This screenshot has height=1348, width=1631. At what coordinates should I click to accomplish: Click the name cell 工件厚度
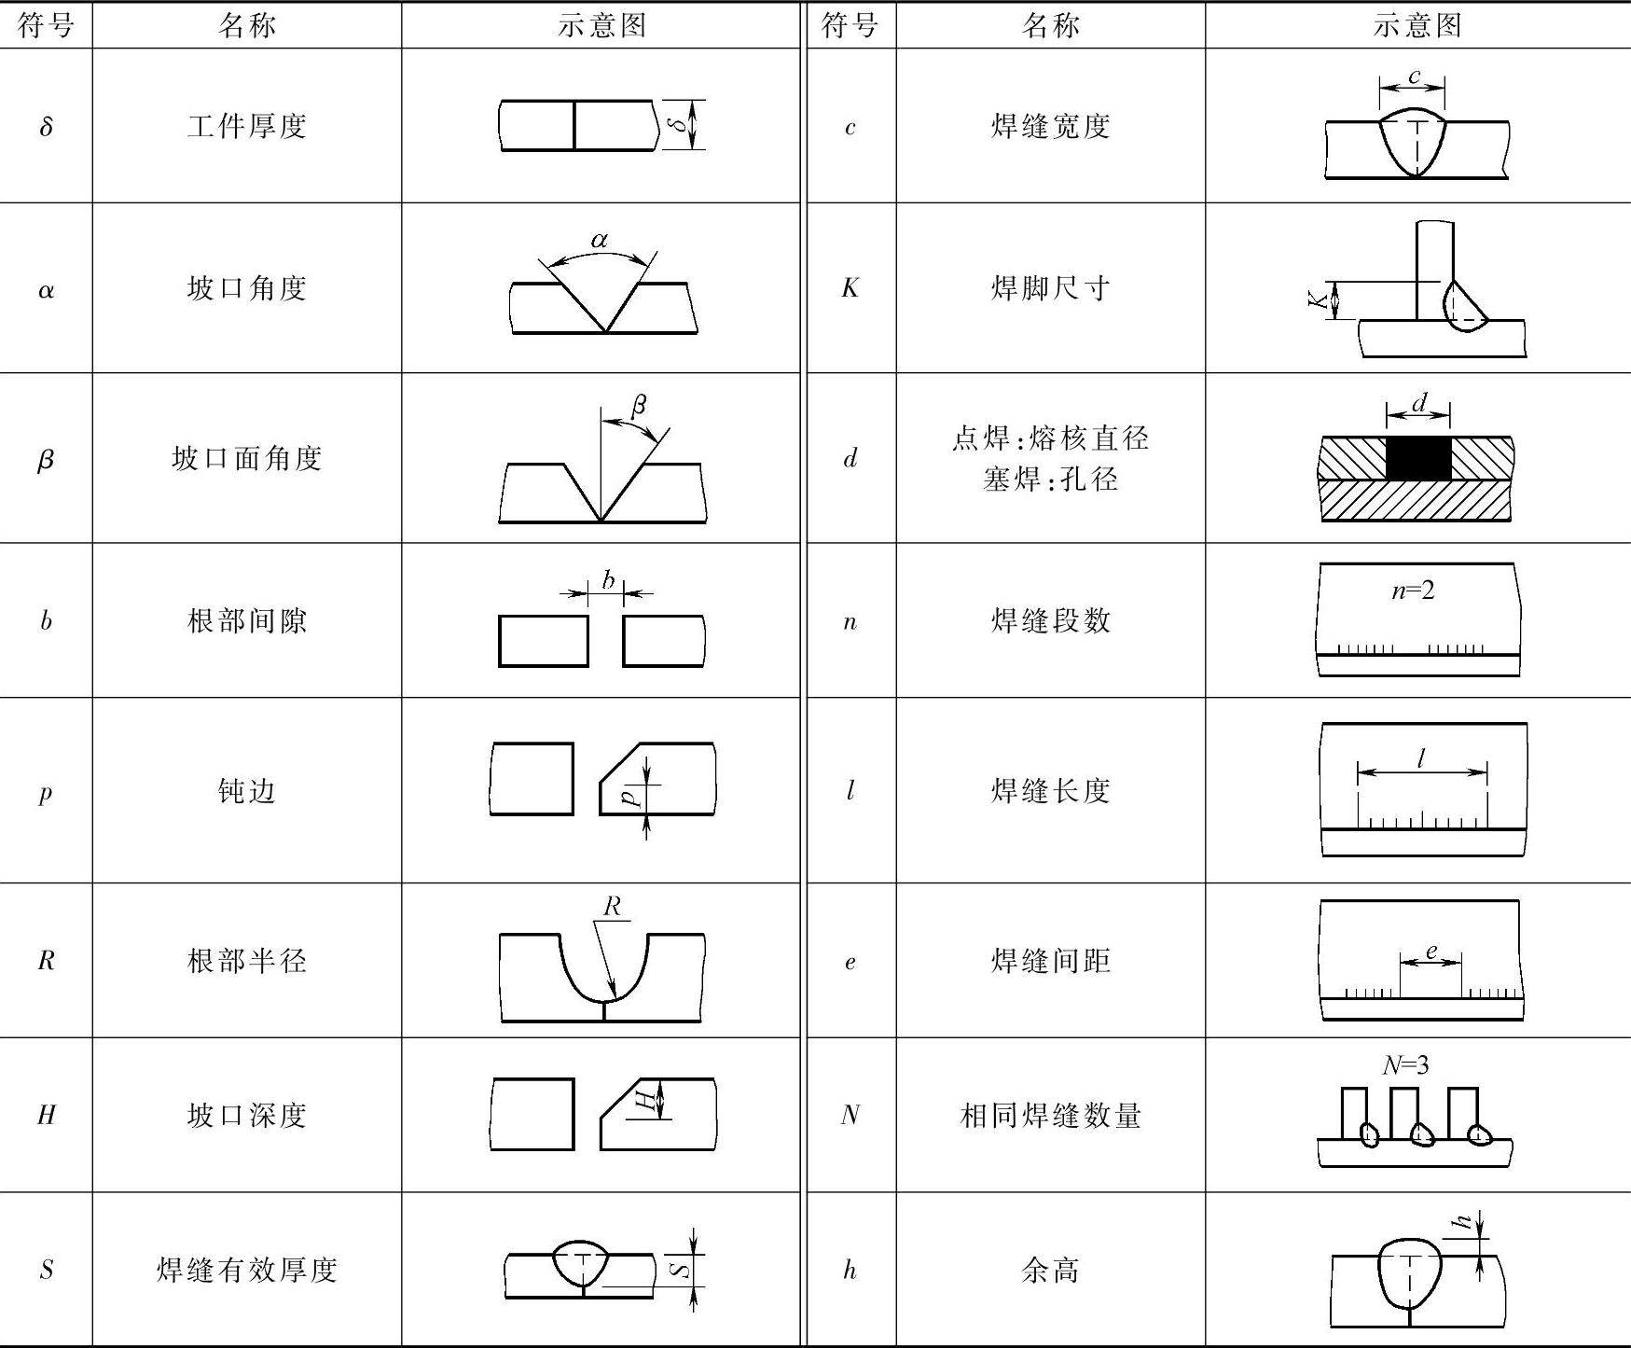[247, 126]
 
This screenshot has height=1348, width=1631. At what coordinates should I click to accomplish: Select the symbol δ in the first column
[46, 126]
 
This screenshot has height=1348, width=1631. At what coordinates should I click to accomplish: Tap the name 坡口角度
[247, 288]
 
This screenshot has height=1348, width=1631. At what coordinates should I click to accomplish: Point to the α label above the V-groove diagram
[600, 240]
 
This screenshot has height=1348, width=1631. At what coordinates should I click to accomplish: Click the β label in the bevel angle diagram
[639, 405]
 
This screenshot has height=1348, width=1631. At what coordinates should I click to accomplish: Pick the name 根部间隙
[247, 620]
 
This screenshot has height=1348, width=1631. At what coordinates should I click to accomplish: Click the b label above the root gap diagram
[608, 580]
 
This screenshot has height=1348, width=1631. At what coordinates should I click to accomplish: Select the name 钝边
[247, 791]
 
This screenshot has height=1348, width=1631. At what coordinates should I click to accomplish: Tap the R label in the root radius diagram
[612, 906]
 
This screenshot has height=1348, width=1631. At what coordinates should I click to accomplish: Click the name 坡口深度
[247, 1115]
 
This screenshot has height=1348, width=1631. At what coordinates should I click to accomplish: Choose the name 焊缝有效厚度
[247, 1270]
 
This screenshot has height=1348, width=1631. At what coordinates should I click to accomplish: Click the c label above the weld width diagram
[1414, 76]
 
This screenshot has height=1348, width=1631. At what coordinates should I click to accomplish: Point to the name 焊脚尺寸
[1050, 288]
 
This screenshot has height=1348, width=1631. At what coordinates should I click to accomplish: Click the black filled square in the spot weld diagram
[1418, 458]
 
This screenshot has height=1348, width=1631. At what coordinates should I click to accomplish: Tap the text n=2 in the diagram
[1413, 591]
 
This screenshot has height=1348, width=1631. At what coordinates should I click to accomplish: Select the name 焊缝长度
[1050, 791]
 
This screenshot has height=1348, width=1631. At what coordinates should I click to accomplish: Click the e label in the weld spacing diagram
[1431, 952]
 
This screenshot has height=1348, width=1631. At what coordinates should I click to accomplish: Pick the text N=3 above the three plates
[1405, 1064]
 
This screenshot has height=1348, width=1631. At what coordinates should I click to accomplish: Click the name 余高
[1050, 1270]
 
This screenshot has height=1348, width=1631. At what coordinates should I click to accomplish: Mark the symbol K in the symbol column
[850, 288]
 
